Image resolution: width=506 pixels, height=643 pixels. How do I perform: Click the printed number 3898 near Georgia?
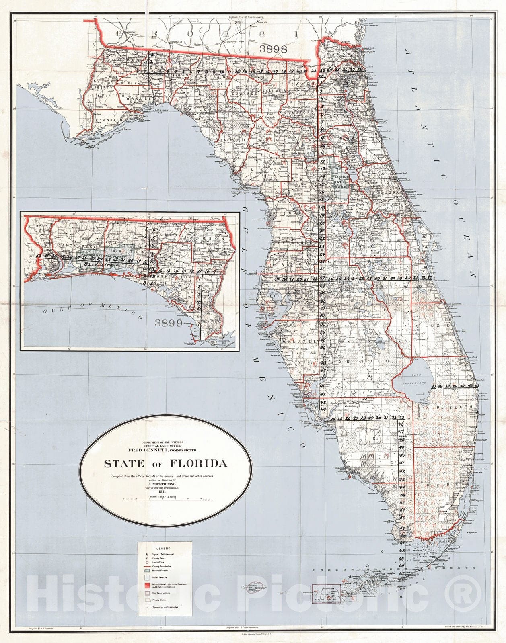[x=273, y=49]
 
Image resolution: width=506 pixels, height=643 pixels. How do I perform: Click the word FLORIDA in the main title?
[x=199, y=463]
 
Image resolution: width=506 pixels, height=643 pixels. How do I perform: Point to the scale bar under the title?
[x=162, y=499]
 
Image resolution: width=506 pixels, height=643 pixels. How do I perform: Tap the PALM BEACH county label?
[x=447, y=407]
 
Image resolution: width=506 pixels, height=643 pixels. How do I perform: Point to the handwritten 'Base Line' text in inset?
[x=98, y=265]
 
